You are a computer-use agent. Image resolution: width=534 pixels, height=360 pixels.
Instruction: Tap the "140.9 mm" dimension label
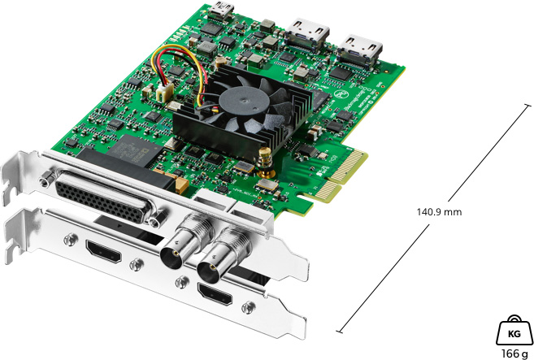[x=439, y=212]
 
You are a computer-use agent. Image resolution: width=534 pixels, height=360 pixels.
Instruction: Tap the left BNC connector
[x=179, y=248]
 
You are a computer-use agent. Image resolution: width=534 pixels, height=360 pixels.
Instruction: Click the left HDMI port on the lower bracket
[x=106, y=254]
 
